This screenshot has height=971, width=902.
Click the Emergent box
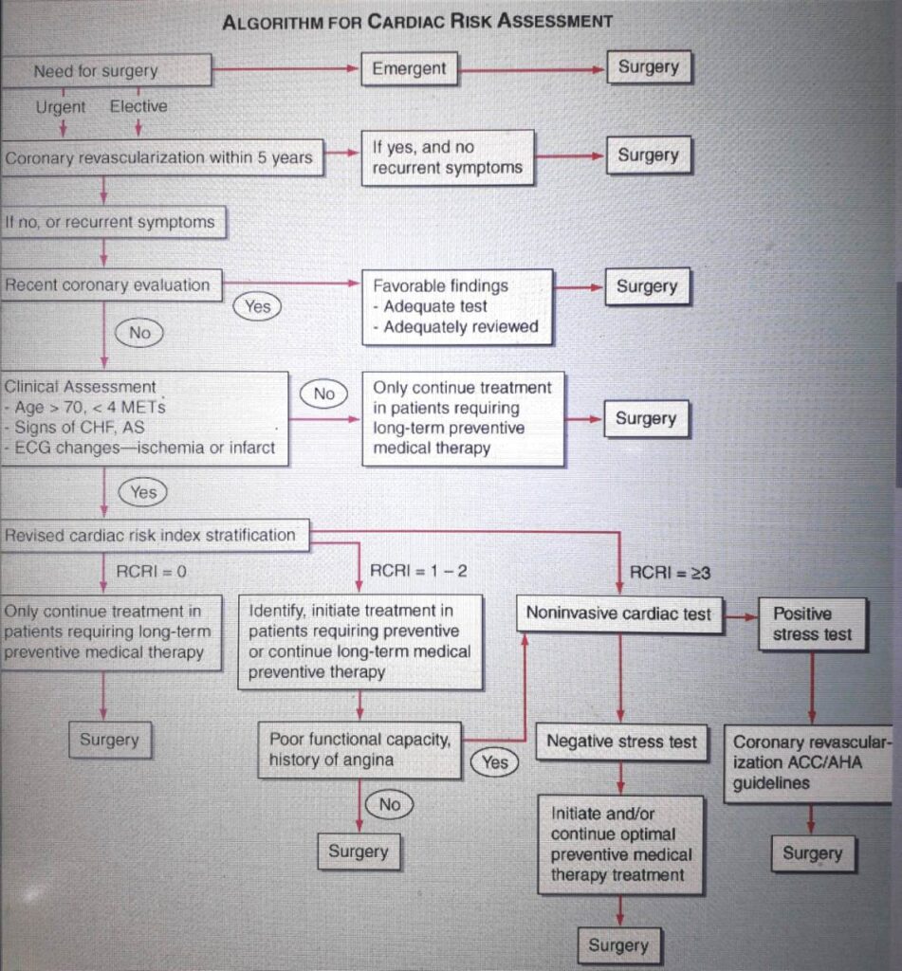tap(409, 69)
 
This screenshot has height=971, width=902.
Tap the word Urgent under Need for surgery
tap(62, 107)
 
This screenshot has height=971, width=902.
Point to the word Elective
tap(138, 107)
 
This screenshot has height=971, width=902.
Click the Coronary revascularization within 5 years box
tap(159, 158)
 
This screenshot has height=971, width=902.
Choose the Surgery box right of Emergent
tap(649, 68)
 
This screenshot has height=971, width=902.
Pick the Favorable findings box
tap(457, 306)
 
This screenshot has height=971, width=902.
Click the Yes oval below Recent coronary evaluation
tap(257, 306)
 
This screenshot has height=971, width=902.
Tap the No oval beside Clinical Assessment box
tap(324, 394)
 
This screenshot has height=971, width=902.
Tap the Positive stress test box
tap(813, 624)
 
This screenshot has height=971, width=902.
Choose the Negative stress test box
tap(621, 742)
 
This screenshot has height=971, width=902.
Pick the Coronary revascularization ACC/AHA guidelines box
tap(809, 763)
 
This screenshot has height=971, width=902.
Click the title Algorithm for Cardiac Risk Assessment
tap(417, 21)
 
